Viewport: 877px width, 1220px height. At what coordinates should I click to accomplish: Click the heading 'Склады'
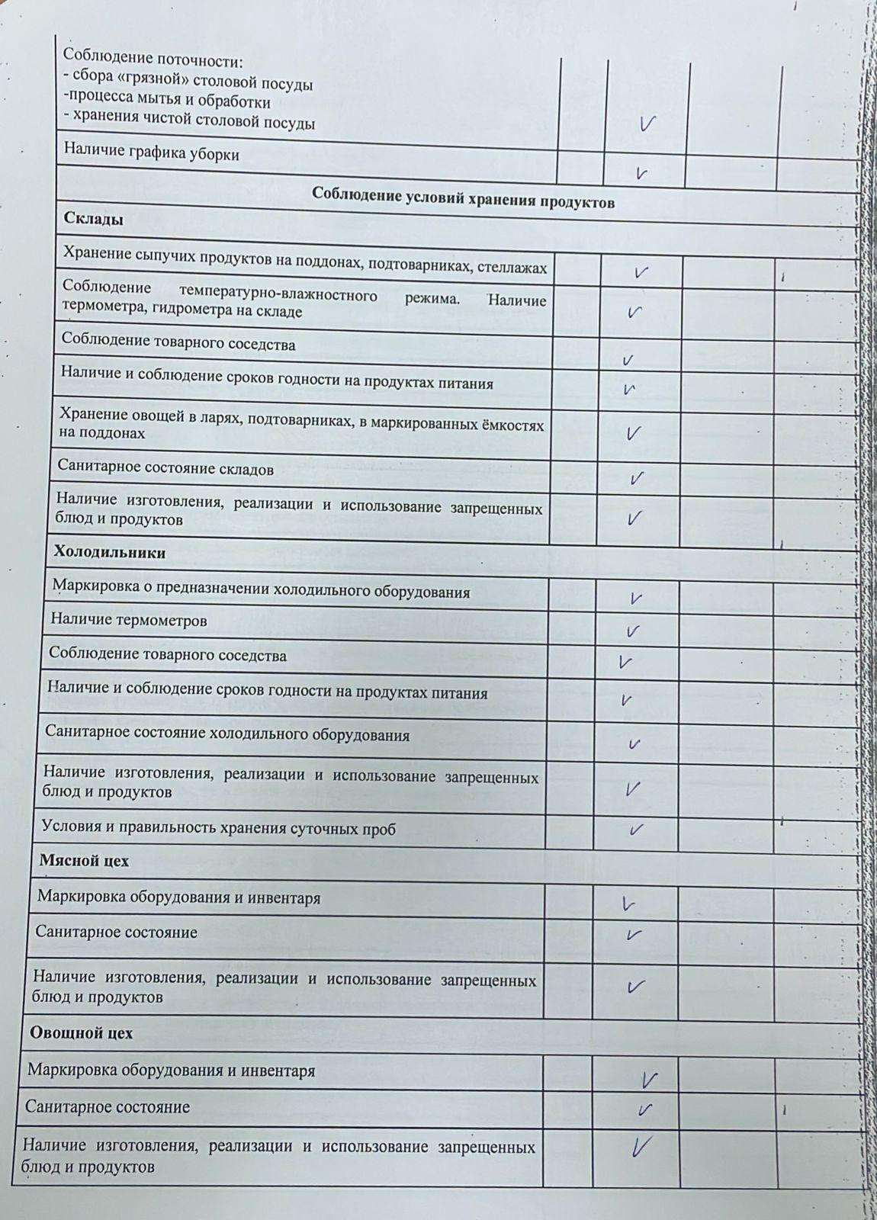(x=92, y=219)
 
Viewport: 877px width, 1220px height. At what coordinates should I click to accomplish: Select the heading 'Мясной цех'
(x=84, y=860)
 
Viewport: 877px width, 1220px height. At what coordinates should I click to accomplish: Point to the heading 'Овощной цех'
(x=81, y=1032)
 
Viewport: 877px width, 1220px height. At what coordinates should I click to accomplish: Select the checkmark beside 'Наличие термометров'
(x=632, y=631)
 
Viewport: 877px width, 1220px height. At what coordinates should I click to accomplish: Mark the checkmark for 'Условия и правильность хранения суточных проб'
(x=635, y=829)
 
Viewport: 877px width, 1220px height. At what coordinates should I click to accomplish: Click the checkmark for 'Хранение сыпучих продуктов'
(x=641, y=271)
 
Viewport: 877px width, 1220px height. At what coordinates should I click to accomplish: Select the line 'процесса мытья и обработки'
(x=167, y=102)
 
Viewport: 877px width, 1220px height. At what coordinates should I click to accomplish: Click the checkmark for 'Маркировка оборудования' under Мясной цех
(x=629, y=904)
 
